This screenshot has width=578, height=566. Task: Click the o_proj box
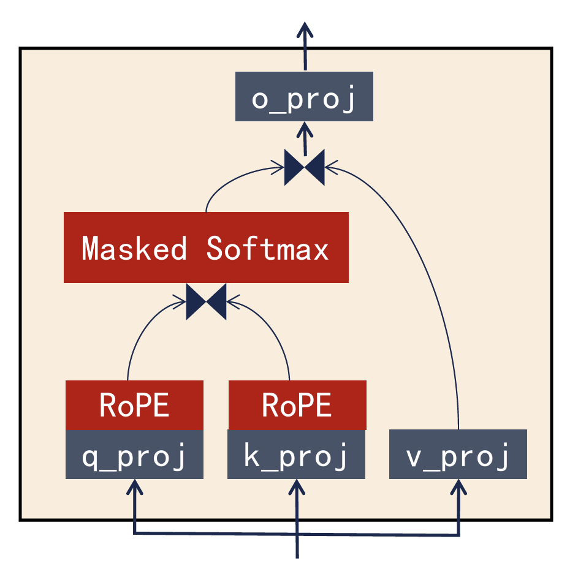pos(304,96)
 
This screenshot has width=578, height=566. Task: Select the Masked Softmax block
pos(206,247)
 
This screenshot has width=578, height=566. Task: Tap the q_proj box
pos(134,455)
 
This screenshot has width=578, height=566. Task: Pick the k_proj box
pos(297,455)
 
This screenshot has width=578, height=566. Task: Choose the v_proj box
pos(458,455)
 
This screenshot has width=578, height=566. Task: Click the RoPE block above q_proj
pos(134,405)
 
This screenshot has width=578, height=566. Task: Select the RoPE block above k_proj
pos(297,405)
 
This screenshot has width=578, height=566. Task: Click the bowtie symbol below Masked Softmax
pos(206,301)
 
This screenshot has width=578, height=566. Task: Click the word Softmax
pos(268,248)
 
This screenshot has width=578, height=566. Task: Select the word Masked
pos(134,248)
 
